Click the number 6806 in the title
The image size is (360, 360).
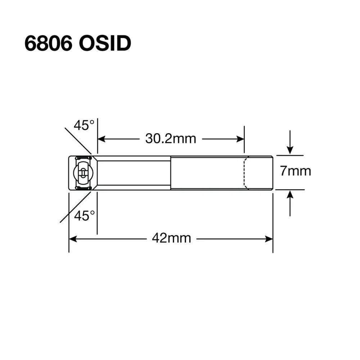48,44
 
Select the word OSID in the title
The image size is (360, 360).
104,44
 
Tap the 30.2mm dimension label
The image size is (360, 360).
171,139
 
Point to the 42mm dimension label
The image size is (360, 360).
171,238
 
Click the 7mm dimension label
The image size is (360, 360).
296,171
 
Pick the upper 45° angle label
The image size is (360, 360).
84,126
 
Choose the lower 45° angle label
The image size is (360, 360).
85,216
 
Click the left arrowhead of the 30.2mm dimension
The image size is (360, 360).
101,139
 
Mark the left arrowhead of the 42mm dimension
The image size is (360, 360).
72,238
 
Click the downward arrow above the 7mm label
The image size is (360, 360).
290,149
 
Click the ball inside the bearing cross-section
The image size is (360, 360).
82,173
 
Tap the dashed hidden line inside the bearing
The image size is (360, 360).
245,173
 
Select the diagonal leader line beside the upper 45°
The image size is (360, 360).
78,141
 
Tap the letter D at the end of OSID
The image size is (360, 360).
122,44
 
